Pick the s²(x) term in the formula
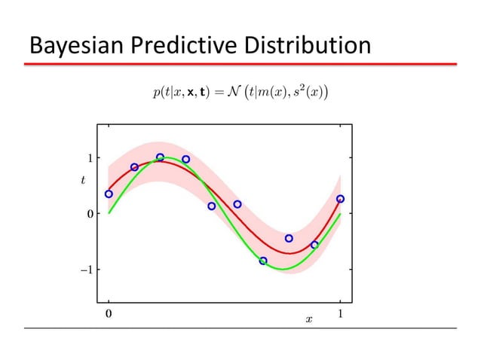point(307,92)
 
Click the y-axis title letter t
point(83,180)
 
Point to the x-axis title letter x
point(308,320)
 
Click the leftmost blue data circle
point(109,194)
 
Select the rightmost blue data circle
point(340,199)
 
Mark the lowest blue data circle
point(263,261)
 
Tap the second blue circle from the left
point(134,167)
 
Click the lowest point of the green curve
point(282,269)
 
